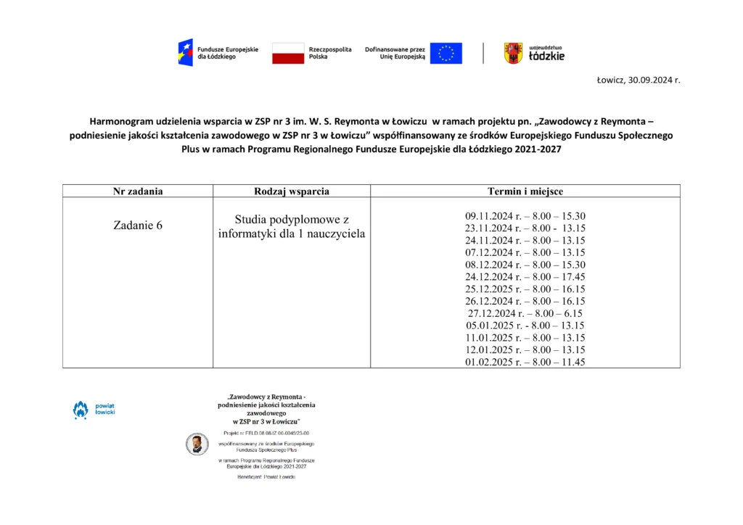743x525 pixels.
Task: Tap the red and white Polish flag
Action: pyautogui.click(x=288, y=53)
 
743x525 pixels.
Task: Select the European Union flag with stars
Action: pyautogui.click(x=446, y=53)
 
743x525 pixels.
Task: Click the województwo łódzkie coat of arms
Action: pyautogui.click(x=513, y=53)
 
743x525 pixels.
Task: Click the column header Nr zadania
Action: pyautogui.click(x=138, y=191)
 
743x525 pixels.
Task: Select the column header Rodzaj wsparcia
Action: pyautogui.click(x=292, y=191)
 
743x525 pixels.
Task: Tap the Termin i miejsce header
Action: pyautogui.click(x=525, y=191)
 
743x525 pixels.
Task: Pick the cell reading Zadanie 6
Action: pyautogui.click(x=138, y=226)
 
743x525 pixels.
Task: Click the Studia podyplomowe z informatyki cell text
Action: pyautogui.click(x=292, y=226)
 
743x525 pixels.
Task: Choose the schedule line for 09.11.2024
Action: pyautogui.click(x=525, y=216)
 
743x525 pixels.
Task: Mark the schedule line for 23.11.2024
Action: pyautogui.click(x=525, y=228)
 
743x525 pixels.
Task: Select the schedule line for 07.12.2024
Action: pyautogui.click(x=525, y=252)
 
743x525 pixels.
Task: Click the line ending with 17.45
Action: pyautogui.click(x=525, y=277)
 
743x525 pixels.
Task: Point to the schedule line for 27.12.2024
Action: pyautogui.click(x=525, y=313)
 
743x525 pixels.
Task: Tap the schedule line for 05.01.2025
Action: pyautogui.click(x=525, y=326)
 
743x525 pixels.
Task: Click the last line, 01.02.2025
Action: pyautogui.click(x=525, y=362)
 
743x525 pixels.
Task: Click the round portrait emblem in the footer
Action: pyautogui.click(x=196, y=444)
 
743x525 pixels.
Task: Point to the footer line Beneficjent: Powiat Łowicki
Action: pyautogui.click(x=266, y=476)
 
